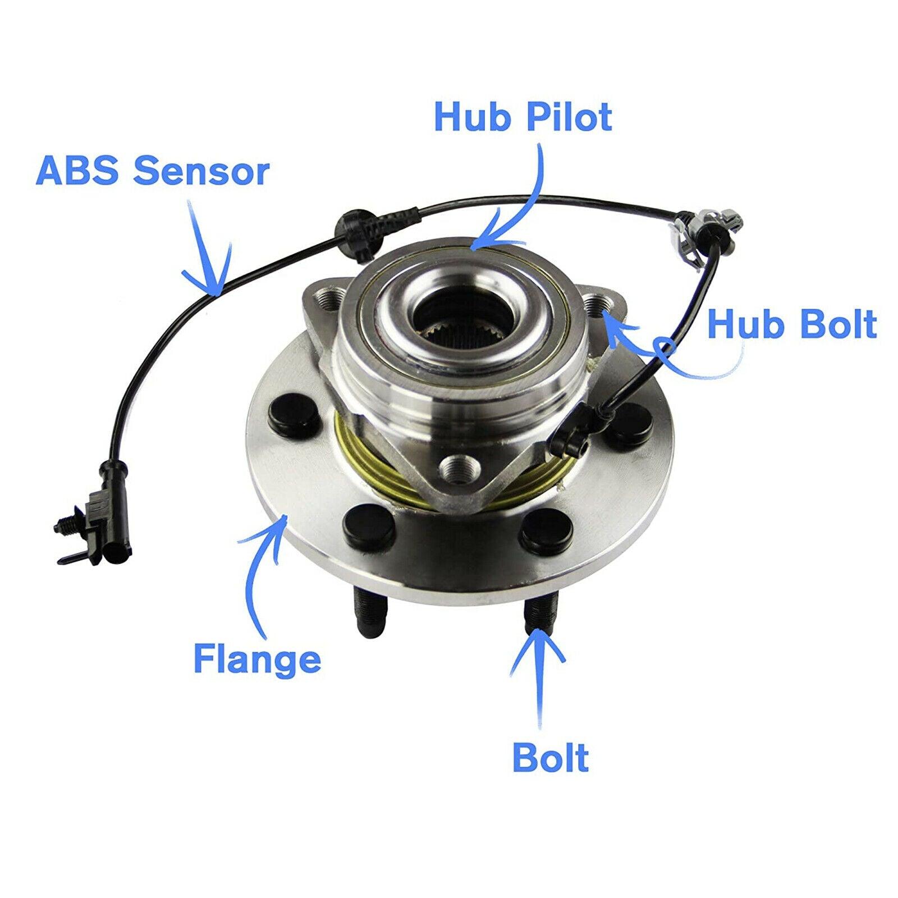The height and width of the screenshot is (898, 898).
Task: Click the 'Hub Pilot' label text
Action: (x=523, y=117)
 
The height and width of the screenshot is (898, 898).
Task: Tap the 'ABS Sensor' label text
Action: (x=152, y=172)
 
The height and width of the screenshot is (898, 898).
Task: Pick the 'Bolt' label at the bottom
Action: (x=551, y=758)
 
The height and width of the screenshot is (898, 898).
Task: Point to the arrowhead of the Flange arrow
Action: (x=285, y=520)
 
